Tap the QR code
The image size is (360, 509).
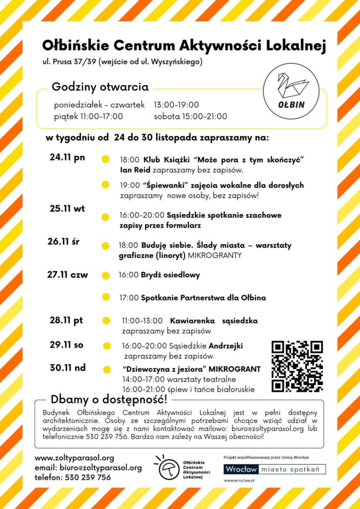click(297, 366)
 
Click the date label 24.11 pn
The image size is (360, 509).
click(67, 158)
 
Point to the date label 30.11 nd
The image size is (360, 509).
click(68, 368)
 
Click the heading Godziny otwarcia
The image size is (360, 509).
click(100, 87)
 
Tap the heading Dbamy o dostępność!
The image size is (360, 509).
click(109, 399)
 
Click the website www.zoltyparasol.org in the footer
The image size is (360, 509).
click(74, 458)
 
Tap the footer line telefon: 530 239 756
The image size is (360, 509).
click(73, 477)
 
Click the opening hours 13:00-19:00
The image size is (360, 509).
click(176, 105)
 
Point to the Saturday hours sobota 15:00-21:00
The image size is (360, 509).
click(190, 117)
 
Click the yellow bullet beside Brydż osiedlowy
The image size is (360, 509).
click(105, 275)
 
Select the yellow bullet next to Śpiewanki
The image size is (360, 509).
click(105, 185)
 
